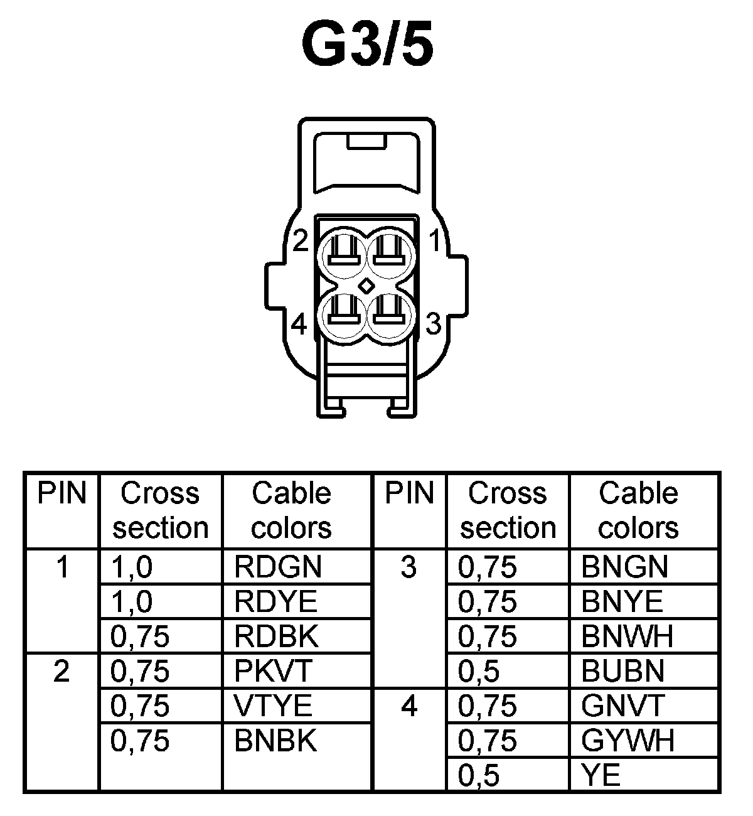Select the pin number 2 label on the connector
pyautogui.click(x=301, y=240)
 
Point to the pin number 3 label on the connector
pyautogui.click(x=434, y=325)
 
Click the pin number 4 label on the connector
pyautogui.click(x=300, y=325)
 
